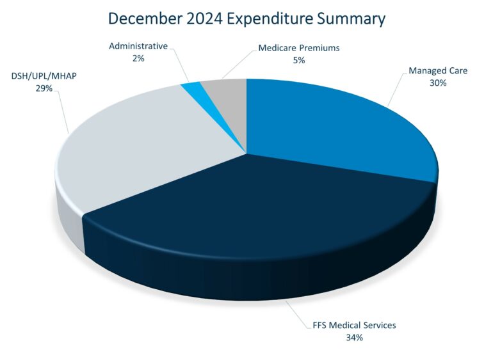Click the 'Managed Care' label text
[x=437, y=70]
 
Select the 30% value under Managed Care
[x=437, y=83]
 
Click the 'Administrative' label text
[x=138, y=46]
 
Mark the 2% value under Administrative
[x=138, y=58]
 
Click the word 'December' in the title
[x=144, y=18]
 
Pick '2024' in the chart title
[x=208, y=18]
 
